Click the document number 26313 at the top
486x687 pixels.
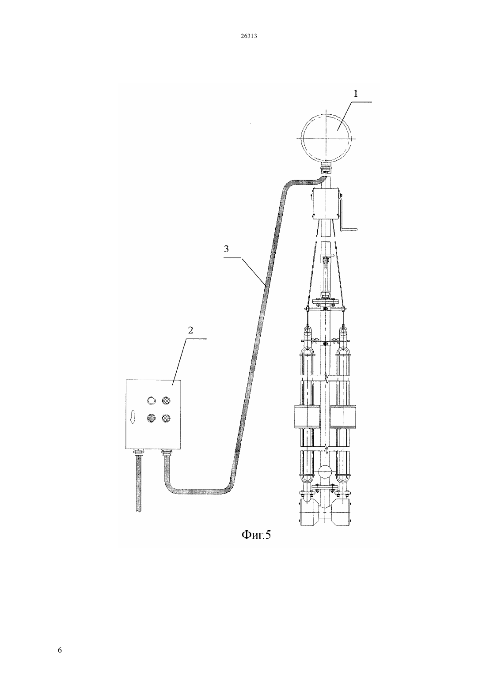(249, 36)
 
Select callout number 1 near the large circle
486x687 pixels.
(356, 94)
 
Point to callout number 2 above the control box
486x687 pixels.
(190, 330)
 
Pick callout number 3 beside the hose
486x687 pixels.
(226, 249)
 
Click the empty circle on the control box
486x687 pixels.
(152, 400)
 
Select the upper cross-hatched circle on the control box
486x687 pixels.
(166, 400)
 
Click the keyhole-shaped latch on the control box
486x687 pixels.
(133, 417)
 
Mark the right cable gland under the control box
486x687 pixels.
(166, 452)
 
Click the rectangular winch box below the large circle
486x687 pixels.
(325, 204)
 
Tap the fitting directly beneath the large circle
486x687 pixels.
(325, 168)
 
